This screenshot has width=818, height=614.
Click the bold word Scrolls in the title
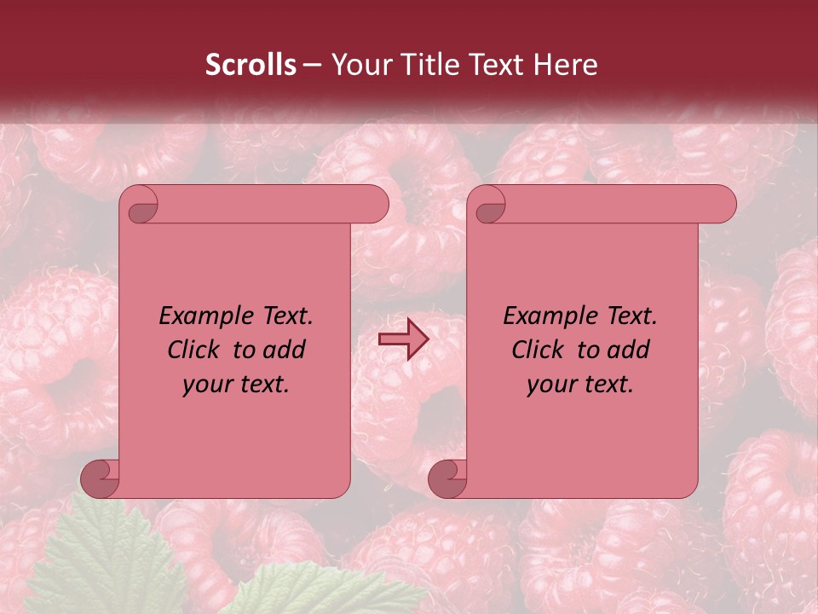coord(251,65)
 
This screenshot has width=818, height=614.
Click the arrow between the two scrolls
coord(404,339)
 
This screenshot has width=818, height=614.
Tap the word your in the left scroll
coord(207,385)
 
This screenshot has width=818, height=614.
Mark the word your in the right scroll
coord(551,385)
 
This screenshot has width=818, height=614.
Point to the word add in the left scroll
coord(285,350)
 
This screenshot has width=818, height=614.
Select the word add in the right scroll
coord(629,350)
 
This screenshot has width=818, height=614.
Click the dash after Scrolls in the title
coord(312,65)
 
